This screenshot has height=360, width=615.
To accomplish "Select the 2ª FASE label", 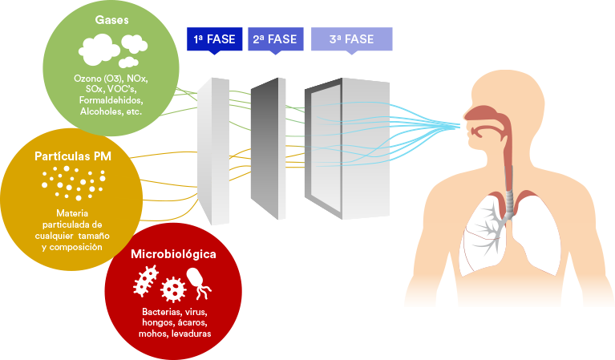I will (x=275, y=38).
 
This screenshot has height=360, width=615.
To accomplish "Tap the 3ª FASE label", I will (x=351, y=38).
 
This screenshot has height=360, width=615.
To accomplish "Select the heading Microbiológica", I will (x=173, y=254).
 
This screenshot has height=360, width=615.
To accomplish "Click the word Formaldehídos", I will (x=111, y=100).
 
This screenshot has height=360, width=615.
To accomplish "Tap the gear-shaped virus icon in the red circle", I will (x=173, y=289).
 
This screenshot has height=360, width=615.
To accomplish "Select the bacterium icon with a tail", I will (x=197, y=281).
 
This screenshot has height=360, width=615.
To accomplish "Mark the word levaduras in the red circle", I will (x=192, y=334).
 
